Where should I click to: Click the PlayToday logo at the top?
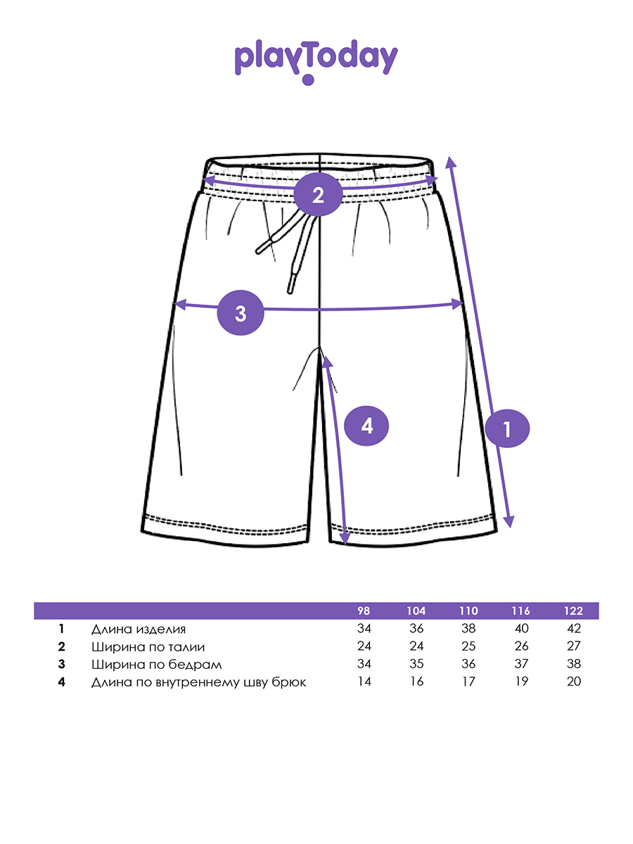[x=316, y=61]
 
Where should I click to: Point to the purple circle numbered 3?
[x=241, y=313]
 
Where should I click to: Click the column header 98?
[x=364, y=610]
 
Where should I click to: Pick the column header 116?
[x=521, y=610]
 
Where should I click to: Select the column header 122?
[x=573, y=610]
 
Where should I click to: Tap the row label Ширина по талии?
[x=148, y=646]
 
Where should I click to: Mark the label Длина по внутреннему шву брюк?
[x=198, y=682]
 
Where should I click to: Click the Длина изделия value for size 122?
[x=573, y=629]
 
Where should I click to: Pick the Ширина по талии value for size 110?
[x=468, y=646]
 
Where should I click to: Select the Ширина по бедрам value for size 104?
[x=416, y=664]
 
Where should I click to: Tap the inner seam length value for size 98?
[x=364, y=682]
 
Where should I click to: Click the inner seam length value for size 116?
[x=521, y=682]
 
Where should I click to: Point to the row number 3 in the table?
[x=62, y=664]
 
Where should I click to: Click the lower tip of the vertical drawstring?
[x=290, y=289]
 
